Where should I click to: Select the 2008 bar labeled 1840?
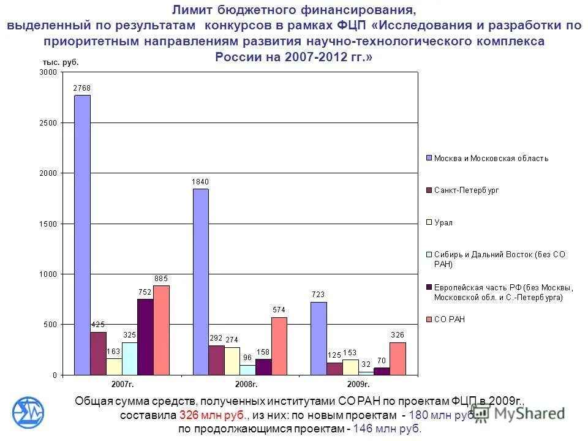pyautogui.click(x=200, y=282)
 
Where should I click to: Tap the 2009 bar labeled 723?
pyautogui.click(x=318, y=338)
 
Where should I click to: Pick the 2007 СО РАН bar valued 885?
pyautogui.click(x=161, y=330)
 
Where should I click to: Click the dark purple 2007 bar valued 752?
pyautogui.click(x=145, y=337)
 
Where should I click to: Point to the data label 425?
pyautogui.click(x=98, y=324)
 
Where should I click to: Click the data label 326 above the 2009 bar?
pyautogui.click(x=398, y=334)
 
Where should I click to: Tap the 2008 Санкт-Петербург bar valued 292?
pyautogui.click(x=216, y=360)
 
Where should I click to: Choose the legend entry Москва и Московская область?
pyautogui.click(x=491, y=158)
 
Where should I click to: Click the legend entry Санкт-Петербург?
pyautogui.click(x=466, y=190)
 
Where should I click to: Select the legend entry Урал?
pyautogui.click(x=443, y=222)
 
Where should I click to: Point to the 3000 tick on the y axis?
pyautogui.click(x=47, y=72)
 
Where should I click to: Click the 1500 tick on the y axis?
pyautogui.click(x=47, y=224)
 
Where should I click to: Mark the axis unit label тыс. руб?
pyautogui.click(x=61, y=62)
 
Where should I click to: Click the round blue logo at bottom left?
pyautogui.click(x=29, y=412)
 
